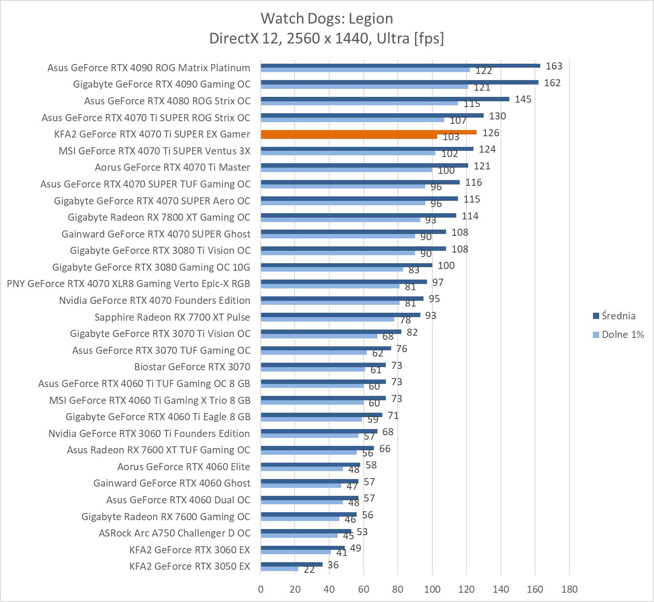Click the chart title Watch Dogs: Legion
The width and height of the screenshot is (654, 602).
327,19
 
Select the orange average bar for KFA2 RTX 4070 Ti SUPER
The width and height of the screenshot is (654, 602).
368,132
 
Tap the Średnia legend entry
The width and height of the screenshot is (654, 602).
618,316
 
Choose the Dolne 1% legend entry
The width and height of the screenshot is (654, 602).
622,334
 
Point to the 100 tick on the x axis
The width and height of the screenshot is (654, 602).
432,589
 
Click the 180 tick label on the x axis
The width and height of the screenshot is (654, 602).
569,589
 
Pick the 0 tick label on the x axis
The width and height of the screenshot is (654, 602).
261,589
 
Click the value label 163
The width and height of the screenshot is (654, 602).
554,66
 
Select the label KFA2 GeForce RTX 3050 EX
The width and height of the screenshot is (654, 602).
189,566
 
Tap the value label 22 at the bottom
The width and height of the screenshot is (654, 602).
309,570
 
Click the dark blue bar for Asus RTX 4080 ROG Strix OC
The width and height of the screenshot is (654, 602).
385,99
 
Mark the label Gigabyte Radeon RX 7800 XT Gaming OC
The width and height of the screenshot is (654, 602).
159,217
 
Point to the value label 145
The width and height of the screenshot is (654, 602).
523,99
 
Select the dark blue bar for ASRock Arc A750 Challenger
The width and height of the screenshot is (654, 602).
306,531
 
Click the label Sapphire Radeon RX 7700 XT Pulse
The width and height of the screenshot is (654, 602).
172,317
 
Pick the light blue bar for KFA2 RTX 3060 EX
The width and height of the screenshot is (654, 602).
296,552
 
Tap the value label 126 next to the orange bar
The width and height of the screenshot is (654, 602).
491,133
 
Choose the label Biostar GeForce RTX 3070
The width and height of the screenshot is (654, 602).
192,367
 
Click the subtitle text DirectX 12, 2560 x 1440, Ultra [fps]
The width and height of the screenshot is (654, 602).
327,38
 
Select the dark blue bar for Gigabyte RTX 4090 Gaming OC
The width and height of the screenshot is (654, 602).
399,82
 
